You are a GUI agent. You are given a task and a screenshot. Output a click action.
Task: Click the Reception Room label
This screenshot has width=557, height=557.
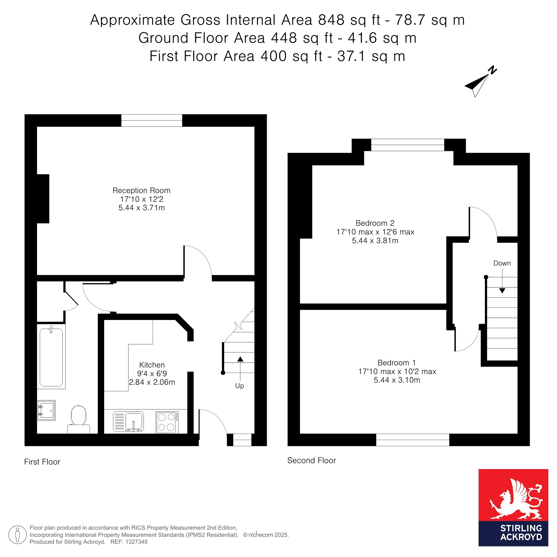pos(141,190)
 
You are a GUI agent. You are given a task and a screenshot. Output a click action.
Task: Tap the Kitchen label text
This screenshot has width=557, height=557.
pos(152,365)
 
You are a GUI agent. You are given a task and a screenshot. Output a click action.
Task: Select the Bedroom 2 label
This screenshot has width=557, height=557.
pos(375,223)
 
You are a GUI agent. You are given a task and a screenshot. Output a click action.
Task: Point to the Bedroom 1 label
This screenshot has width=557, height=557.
pos(397,363)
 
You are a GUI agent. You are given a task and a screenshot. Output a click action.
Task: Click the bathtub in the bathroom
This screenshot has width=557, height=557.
pos(51,357)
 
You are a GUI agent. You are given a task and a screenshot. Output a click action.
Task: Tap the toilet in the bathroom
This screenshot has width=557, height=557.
pos(79,419)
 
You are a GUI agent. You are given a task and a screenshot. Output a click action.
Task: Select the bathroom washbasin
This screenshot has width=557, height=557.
pos(46,411)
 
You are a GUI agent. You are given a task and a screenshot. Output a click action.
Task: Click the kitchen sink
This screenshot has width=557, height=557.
pos(128,421)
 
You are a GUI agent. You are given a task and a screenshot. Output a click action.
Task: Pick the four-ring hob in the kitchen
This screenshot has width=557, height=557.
pos(167,422)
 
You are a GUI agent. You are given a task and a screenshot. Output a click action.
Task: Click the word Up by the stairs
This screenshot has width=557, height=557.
pos(240,386)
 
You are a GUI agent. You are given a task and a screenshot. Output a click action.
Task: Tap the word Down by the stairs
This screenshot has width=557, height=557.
pos(502,263)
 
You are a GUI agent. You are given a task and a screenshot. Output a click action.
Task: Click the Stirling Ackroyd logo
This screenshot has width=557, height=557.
pos(513,507)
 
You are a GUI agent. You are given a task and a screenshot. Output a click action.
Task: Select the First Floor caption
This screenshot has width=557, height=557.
pos(42,462)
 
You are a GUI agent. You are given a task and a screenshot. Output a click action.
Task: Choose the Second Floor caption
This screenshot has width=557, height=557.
pos(312,460)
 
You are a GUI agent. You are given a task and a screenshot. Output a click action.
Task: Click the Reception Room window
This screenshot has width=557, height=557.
pos(152,121)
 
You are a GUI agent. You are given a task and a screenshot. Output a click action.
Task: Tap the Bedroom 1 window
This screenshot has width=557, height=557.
pos(412,440)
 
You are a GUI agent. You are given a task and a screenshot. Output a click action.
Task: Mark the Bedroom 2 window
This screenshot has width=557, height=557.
pos(408,145)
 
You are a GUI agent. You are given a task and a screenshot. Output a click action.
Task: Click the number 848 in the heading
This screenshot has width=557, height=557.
pos(331,20)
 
